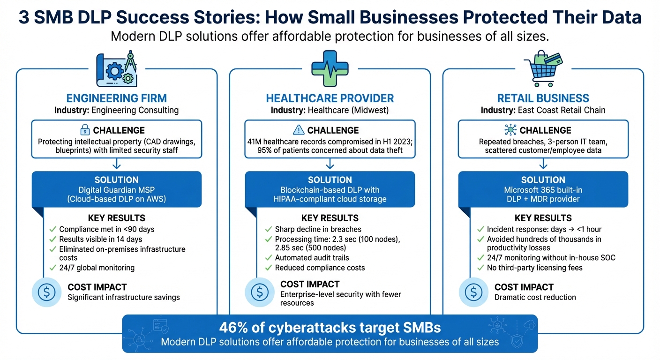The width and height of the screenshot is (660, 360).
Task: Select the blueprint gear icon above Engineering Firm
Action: [x=116, y=70]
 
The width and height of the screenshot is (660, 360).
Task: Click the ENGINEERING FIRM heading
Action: [x=117, y=98]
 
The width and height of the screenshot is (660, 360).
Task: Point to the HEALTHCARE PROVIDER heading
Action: [x=330, y=98]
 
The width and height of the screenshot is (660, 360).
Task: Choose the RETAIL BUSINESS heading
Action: [x=543, y=98]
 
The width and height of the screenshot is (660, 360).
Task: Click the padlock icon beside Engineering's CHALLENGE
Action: [x=85, y=130]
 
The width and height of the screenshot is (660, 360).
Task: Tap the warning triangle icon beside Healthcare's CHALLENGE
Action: [x=298, y=130]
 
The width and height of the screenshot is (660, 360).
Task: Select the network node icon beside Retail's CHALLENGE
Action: [x=510, y=130]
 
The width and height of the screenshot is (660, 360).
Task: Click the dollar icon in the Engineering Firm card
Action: [x=46, y=292]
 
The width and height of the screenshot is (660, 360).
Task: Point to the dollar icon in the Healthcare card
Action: [x=260, y=292]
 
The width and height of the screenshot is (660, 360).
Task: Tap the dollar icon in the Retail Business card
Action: [x=473, y=292]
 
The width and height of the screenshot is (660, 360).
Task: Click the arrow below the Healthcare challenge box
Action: [x=330, y=164]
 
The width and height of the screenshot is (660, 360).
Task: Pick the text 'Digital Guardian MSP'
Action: [x=117, y=190]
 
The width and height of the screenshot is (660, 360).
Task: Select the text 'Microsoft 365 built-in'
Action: [x=543, y=190]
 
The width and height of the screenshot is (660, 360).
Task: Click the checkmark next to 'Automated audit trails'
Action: [x=268, y=258]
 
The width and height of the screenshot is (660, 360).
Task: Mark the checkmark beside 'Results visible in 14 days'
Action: [x=53, y=240]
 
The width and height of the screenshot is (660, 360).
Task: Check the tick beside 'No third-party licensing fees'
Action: [x=480, y=268]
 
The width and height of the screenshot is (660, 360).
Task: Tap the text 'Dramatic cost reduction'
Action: [x=535, y=297]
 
